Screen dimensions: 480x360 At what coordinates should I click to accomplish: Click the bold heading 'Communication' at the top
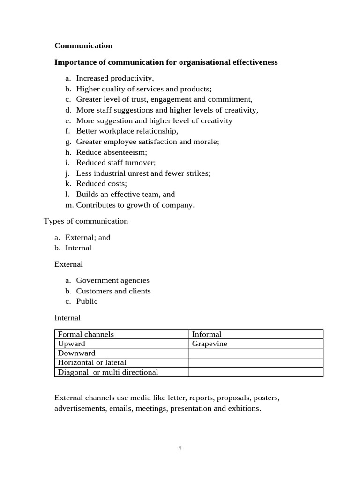[83, 45]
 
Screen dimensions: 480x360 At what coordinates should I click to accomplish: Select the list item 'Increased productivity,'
[115, 78]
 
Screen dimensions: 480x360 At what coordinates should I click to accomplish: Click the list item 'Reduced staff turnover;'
[116, 163]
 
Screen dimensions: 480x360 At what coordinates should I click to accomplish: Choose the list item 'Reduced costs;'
[101, 183]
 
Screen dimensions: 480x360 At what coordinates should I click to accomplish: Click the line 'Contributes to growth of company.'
[135, 204]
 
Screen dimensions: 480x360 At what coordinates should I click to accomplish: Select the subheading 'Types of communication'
[85, 221]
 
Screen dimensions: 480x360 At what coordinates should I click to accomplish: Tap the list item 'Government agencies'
[112, 280]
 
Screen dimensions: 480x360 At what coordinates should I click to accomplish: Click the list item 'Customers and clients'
[113, 291]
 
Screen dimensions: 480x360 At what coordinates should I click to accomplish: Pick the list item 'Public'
[87, 301]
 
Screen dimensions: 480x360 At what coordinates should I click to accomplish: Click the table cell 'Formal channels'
[86, 334]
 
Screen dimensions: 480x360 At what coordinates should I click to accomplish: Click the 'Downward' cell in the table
[76, 353]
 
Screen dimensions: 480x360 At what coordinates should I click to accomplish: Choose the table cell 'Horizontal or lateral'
[92, 362]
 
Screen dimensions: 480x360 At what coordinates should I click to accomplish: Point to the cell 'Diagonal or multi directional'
[108, 372]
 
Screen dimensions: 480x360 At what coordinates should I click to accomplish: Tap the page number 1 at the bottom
[180, 448]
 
